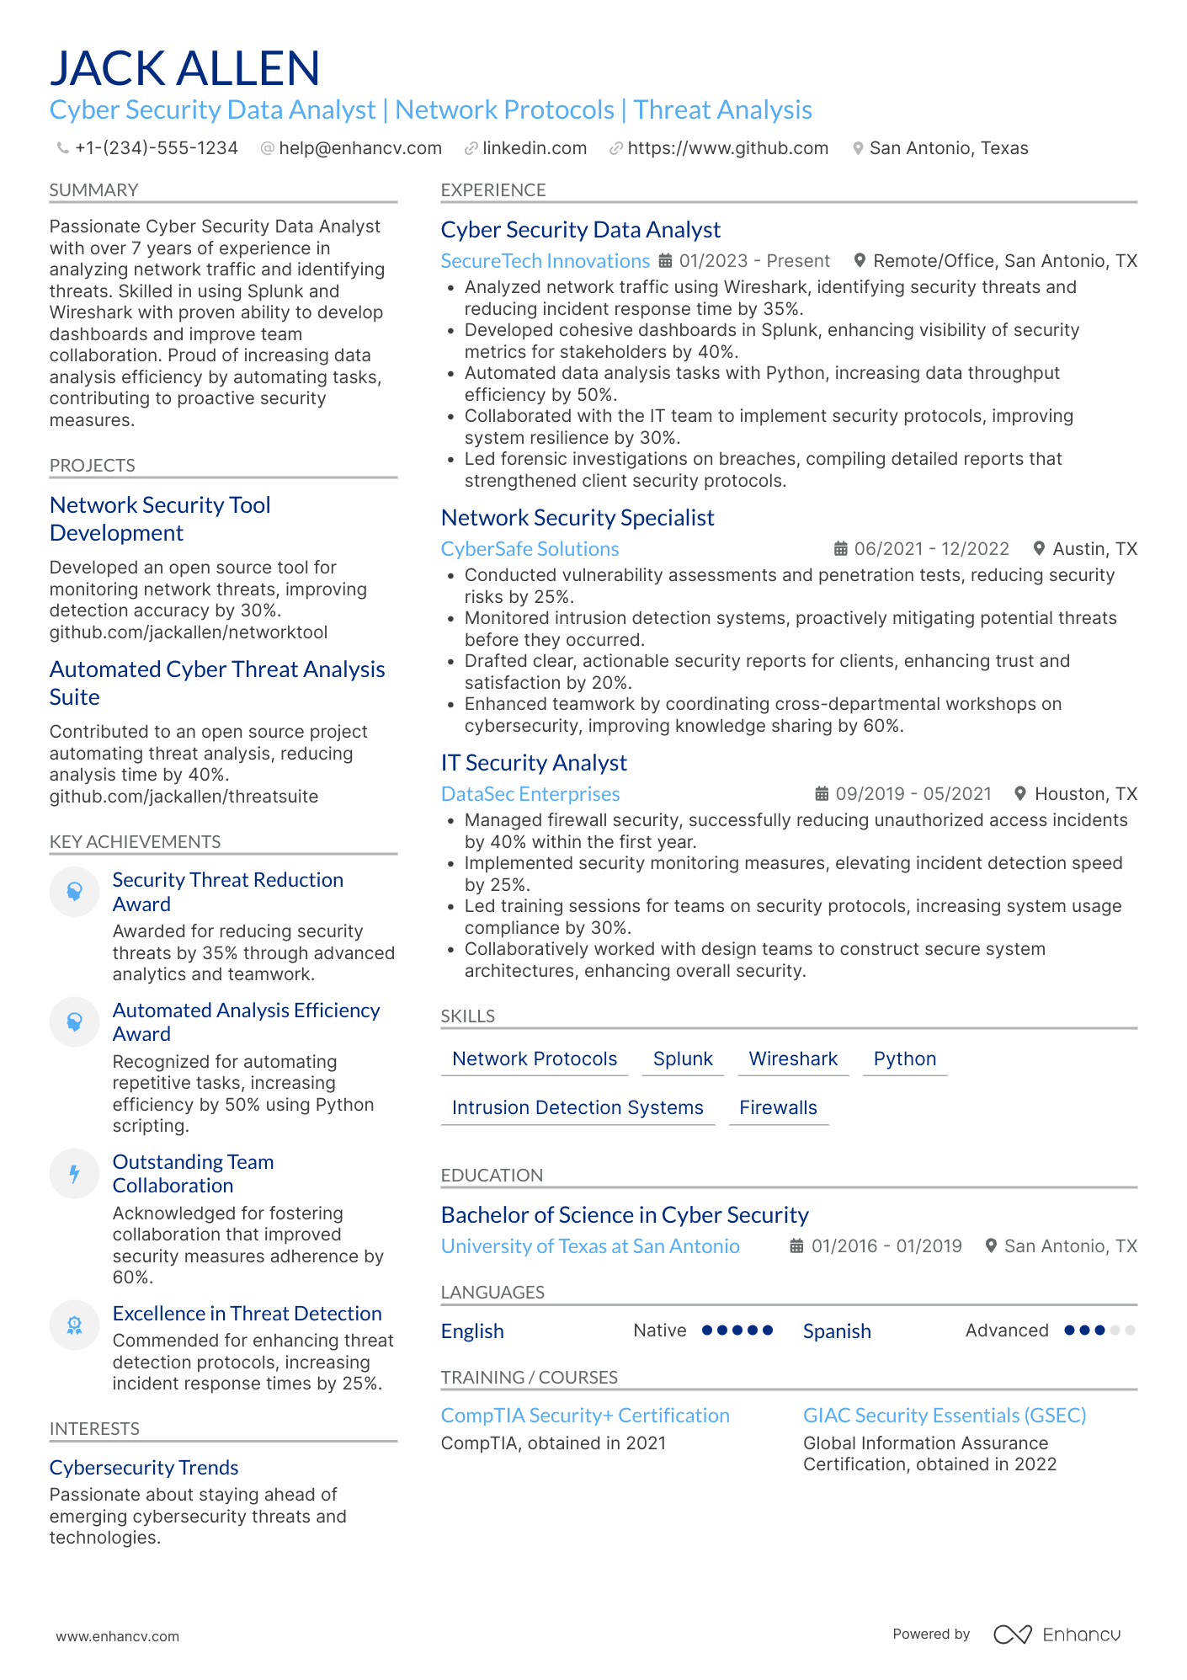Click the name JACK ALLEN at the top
(x=184, y=68)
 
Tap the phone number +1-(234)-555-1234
(x=156, y=148)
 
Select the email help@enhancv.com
(x=359, y=148)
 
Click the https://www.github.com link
(x=727, y=148)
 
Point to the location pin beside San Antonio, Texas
(x=858, y=148)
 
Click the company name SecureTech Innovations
(x=545, y=261)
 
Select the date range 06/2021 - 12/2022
(x=931, y=549)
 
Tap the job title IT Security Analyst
(x=534, y=763)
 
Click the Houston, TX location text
(x=1085, y=794)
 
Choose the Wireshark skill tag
(x=793, y=1059)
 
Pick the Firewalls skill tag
(x=778, y=1107)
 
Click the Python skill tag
(x=904, y=1059)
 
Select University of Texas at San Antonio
(x=590, y=1246)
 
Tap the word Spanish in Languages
(x=836, y=1331)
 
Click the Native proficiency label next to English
(x=659, y=1331)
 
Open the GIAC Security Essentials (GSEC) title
(x=944, y=1416)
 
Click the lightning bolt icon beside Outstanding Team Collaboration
(x=74, y=1173)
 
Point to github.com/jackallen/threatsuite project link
(x=184, y=797)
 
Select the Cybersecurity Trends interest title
(x=144, y=1468)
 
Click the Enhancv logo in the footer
(x=1057, y=1635)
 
